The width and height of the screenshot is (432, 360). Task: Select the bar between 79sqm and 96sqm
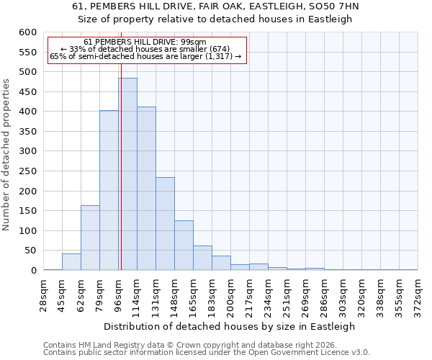click(109, 191)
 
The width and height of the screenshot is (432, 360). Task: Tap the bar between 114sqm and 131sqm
click(146, 189)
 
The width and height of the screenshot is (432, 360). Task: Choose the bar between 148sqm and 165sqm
click(184, 246)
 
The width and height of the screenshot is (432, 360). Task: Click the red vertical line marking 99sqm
click(121, 158)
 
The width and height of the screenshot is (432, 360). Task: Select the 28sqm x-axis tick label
click(44, 294)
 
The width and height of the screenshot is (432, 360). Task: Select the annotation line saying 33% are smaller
click(147, 49)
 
